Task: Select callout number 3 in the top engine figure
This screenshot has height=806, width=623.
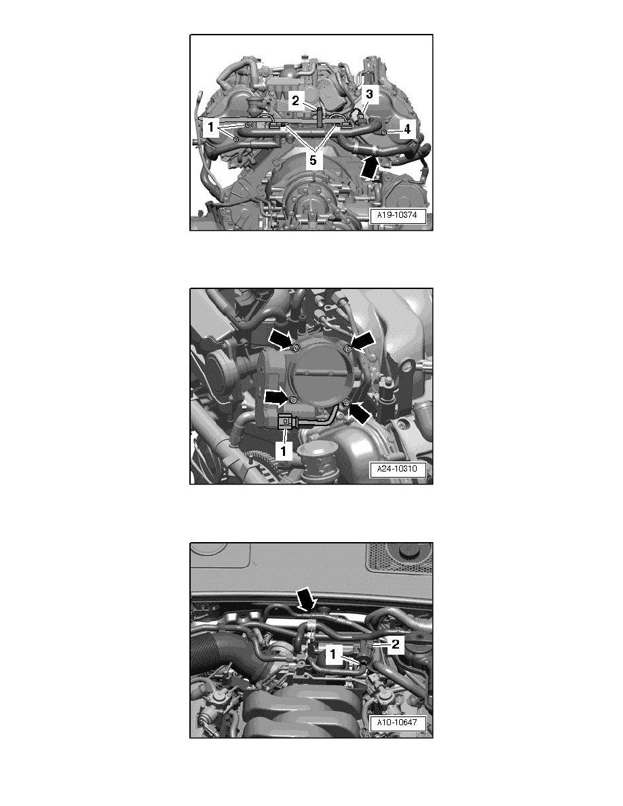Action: point(369,93)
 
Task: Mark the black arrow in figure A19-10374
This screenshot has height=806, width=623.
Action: point(367,166)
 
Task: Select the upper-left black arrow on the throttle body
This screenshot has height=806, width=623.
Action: point(280,338)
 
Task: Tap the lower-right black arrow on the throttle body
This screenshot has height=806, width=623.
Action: point(361,412)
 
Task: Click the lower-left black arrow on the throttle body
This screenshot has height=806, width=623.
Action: point(276,396)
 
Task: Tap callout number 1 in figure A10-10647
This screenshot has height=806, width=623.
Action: point(333,655)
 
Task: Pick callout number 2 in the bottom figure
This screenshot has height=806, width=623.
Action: point(395,645)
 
